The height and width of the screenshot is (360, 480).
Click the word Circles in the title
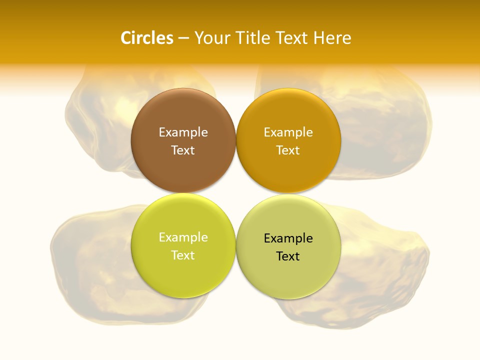click(x=146, y=38)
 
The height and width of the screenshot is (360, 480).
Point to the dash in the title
click(x=183, y=38)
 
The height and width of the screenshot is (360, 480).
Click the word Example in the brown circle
click(x=183, y=132)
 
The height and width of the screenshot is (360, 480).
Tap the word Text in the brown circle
click(x=183, y=150)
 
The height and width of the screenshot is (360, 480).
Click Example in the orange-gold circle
click(x=288, y=132)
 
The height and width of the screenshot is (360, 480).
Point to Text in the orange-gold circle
click(x=288, y=150)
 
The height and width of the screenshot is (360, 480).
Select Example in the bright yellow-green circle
click(x=183, y=237)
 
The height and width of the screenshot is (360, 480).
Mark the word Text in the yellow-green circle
click(x=183, y=255)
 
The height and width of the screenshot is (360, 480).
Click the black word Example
click(x=288, y=238)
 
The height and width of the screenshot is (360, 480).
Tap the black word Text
click(x=288, y=256)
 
